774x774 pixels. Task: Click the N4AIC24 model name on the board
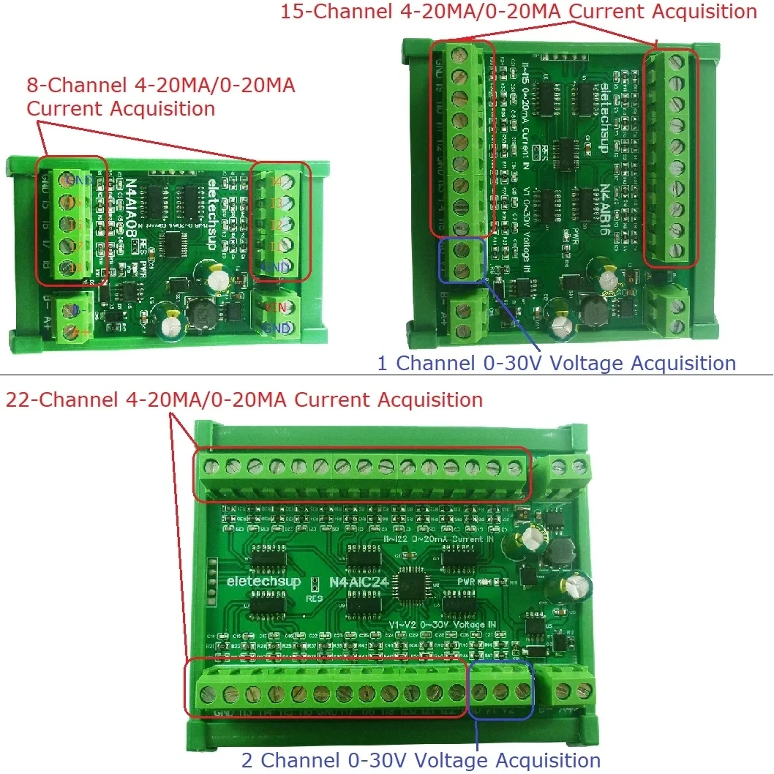click(x=360, y=582)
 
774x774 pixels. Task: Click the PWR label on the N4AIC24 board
click(x=467, y=582)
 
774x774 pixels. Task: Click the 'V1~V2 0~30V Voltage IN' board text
click(x=442, y=624)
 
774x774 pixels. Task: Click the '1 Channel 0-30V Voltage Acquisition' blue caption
click(x=556, y=363)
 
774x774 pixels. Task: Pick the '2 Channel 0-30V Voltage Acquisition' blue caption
click(x=421, y=760)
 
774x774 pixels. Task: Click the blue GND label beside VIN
click(x=279, y=327)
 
